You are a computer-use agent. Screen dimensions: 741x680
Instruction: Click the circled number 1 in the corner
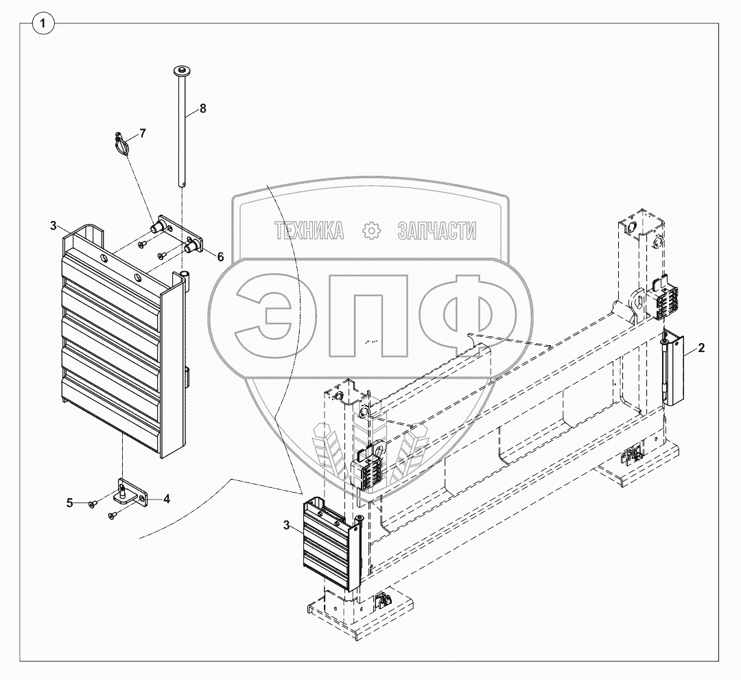click(x=43, y=23)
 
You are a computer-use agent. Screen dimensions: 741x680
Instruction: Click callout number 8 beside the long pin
click(x=202, y=108)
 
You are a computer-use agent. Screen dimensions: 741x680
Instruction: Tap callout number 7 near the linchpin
click(x=142, y=133)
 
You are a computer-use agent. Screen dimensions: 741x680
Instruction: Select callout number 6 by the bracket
click(x=220, y=257)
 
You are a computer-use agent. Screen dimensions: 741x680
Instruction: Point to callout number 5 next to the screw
click(x=70, y=503)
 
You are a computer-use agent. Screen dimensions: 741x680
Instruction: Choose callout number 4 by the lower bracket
click(x=166, y=499)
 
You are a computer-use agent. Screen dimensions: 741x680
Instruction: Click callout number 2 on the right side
click(x=701, y=348)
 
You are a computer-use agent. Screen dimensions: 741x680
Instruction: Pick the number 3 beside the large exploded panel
click(x=54, y=225)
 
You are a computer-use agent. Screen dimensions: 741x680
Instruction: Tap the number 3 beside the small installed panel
click(x=286, y=525)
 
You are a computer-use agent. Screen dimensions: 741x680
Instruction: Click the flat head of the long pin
click(x=182, y=71)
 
